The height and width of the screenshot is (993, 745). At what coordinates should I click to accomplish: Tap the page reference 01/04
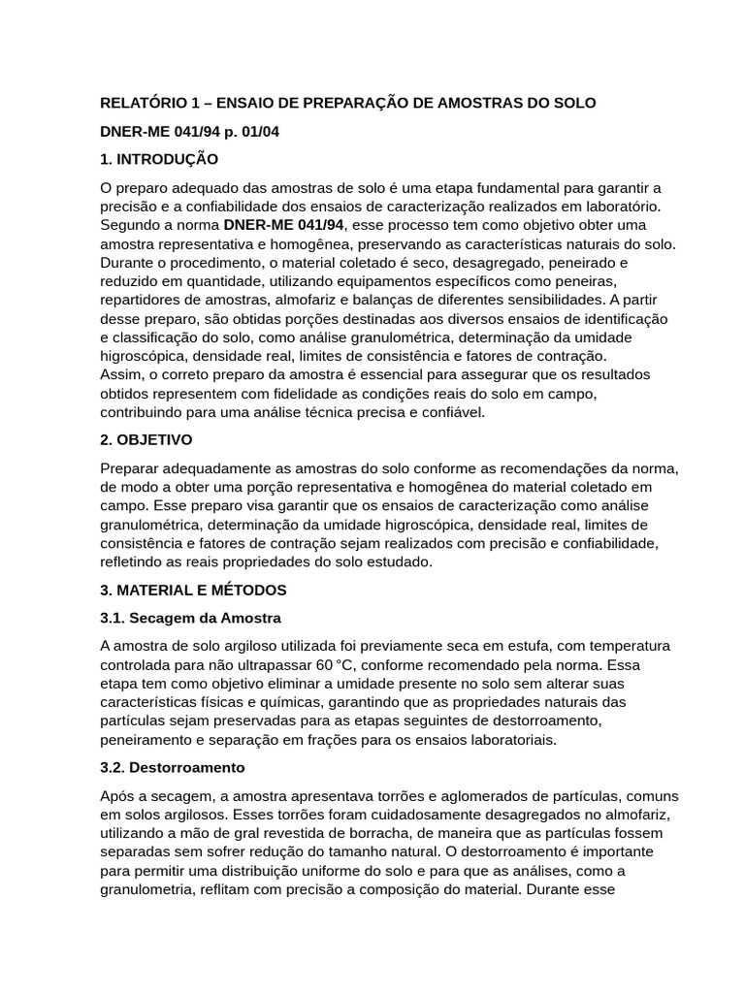pos(242,130)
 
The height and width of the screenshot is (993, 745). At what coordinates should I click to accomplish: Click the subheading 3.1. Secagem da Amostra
pos(191,618)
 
